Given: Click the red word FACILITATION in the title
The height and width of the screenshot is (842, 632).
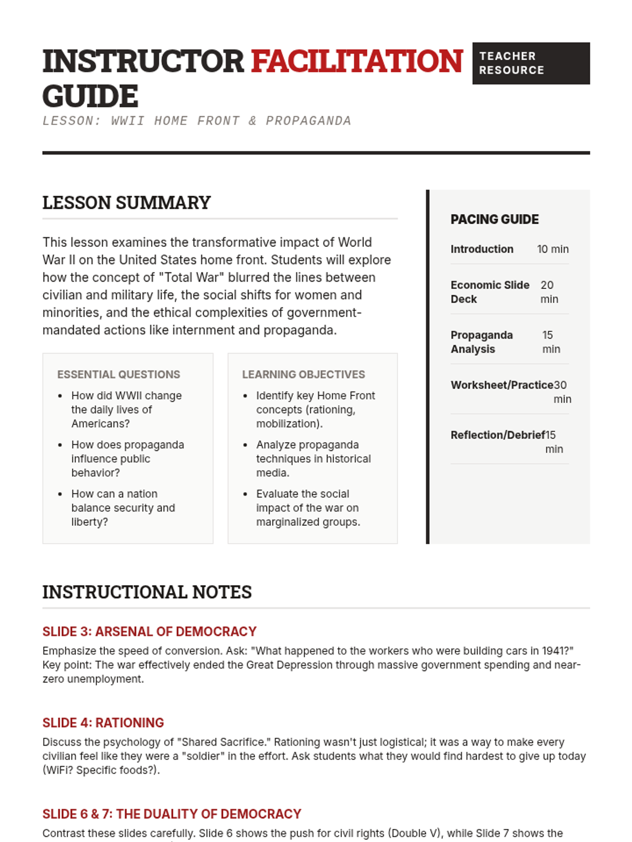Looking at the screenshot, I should (x=357, y=61).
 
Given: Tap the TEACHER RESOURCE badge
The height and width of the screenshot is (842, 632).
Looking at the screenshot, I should (x=531, y=63).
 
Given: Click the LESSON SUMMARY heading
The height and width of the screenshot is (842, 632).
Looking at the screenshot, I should (x=126, y=203).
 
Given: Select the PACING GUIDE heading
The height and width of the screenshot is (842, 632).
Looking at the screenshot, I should (x=495, y=219).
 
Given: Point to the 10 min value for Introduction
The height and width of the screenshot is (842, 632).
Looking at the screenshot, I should (x=552, y=249).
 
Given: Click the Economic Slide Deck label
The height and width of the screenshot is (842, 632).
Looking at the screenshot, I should (x=490, y=292).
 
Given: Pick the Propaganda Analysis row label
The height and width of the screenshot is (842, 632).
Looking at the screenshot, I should (x=481, y=342).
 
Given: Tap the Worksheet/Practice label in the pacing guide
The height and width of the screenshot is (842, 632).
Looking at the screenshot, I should (x=502, y=385).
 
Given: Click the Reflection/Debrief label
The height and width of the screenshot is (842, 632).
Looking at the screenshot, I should (x=498, y=435).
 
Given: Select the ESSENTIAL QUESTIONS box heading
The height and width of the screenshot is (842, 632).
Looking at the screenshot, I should (x=118, y=374).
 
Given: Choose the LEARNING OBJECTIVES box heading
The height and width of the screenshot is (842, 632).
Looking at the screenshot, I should (x=303, y=374).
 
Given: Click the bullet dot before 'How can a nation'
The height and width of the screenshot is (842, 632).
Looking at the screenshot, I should (x=60, y=494).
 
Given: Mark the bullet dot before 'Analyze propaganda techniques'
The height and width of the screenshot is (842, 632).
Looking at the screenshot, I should (x=245, y=445).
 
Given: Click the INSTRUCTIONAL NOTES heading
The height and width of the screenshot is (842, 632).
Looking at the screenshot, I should (x=147, y=592).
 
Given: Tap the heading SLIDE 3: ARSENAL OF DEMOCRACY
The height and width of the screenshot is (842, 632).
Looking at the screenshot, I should (x=149, y=631).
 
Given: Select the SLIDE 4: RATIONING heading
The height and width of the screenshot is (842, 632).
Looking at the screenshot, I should (x=103, y=723).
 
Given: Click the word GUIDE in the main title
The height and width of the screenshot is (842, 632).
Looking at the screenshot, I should (x=90, y=96).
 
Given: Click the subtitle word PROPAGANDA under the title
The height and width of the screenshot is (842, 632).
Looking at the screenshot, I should (x=308, y=121).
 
